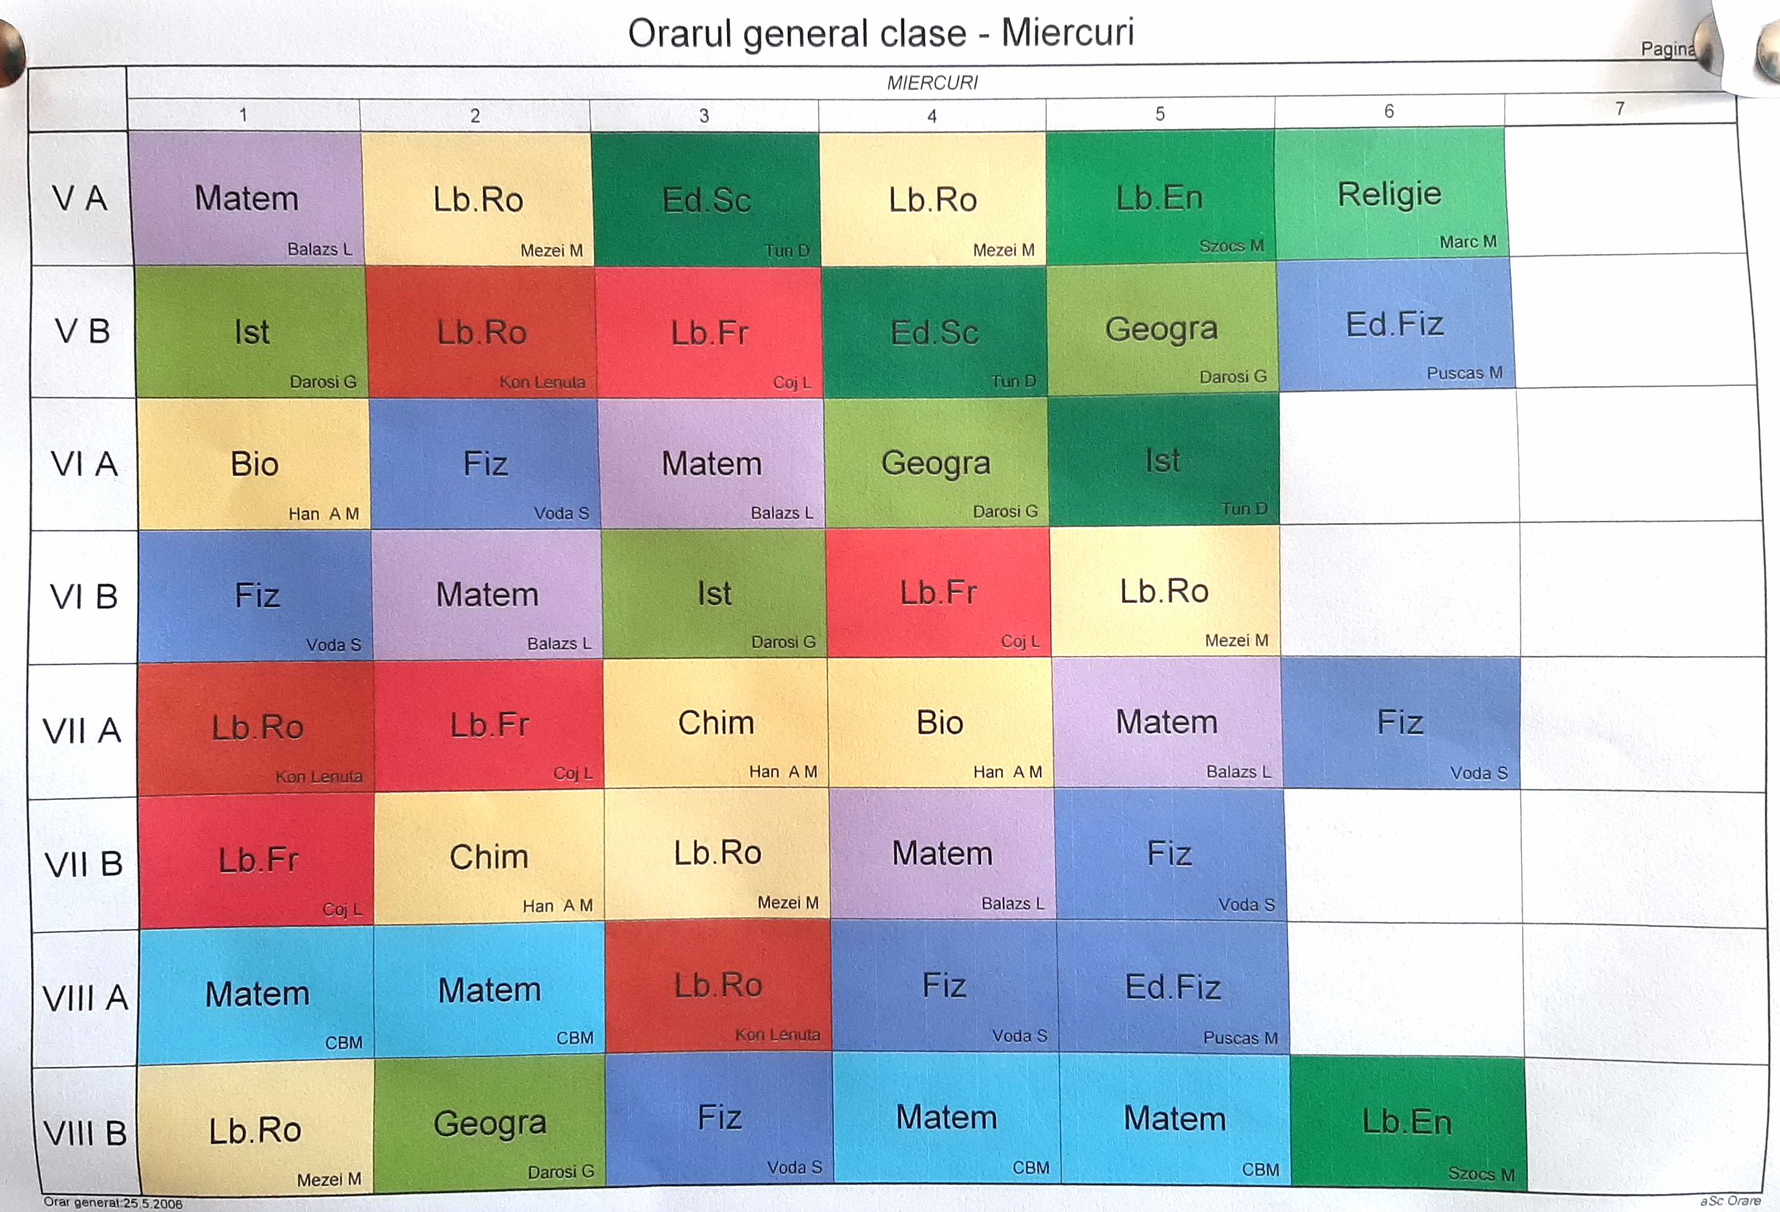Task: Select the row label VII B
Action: pos(84,865)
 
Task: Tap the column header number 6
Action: pos(1389,112)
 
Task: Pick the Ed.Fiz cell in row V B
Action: pos(1395,325)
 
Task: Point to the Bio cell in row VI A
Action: pos(254,464)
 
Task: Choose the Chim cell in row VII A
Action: pos(716,723)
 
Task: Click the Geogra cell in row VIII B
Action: pos(489,1123)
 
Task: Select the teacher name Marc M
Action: pos(1467,242)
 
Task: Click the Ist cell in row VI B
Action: pos(714,593)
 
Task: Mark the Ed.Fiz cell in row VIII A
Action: pos(1173,987)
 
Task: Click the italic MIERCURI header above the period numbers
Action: pos(932,83)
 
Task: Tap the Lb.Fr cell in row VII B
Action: pos(257,860)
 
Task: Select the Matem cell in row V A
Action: pos(246,198)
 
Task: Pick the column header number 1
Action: pos(243,115)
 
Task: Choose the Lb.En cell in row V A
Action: pos(1159,198)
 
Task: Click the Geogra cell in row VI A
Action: pos(935,462)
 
